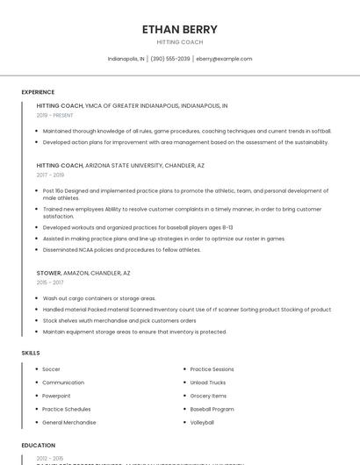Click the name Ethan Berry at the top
pos(179,29)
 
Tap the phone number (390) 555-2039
pos(170,59)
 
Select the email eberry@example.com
pos(224,59)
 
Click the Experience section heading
pos(38,92)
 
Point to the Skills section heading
pos(31,353)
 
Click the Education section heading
pos(38,445)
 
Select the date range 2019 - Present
pos(54,115)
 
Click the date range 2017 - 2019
pos(50,175)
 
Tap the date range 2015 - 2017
pos(50,283)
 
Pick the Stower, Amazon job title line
pos(83,273)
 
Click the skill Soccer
pos(51,369)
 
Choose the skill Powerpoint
pos(57,396)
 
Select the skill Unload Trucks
pos(207,383)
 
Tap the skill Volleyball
pos(202,422)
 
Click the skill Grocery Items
pos(208,396)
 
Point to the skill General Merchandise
pos(68,422)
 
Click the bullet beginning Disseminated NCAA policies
pos(121,249)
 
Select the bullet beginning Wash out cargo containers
pos(98,298)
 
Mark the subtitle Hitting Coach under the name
pos(179,42)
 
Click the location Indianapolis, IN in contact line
pos(126,59)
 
